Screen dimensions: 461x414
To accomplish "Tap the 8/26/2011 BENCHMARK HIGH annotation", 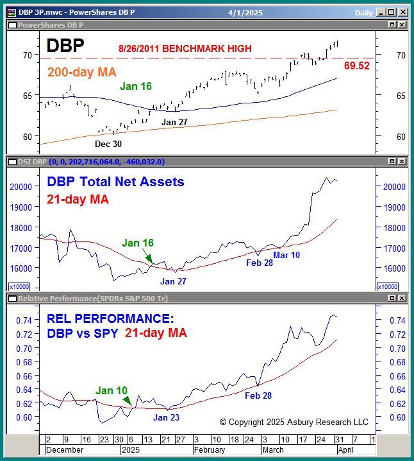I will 185,48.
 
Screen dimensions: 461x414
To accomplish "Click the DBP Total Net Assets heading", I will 115,182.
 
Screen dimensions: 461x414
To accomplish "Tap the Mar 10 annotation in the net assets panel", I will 286,255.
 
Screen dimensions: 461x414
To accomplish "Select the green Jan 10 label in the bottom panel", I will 112,390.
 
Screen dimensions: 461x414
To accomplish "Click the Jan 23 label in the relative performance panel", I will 166,417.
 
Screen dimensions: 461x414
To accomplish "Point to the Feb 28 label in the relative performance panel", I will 258,396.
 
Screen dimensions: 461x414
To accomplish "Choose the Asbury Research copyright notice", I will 294,422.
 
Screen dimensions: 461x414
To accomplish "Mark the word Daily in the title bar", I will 364,12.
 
